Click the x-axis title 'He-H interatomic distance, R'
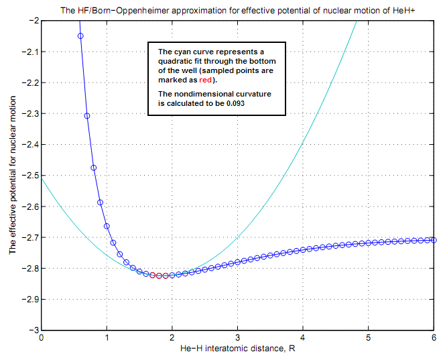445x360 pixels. [237, 349]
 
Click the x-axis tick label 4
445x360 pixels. [303, 339]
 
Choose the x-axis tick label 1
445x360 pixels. [107, 339]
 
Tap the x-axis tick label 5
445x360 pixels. [369, 339]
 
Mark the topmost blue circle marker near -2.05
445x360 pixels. [80, 36]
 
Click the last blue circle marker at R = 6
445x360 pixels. [434, 240]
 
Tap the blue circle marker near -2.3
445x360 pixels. [87, 116]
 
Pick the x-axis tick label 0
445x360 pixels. [42, 339]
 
